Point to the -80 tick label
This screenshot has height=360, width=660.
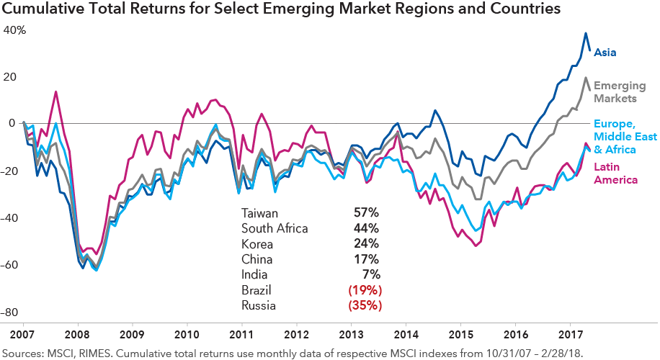[12, 312]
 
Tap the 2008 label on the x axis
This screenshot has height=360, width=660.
[76, 336]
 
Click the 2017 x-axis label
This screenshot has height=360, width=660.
[571, 336]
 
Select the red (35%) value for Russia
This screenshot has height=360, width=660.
[365, 305]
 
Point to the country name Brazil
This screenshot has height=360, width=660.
[257, 289]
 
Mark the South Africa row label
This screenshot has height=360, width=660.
[275, 228]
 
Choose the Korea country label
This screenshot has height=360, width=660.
[257, 243]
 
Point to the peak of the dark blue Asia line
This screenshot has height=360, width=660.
[586, 33]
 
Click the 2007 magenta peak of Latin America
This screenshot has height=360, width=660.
[55, 92]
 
